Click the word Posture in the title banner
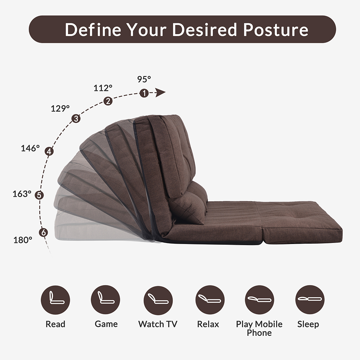tap(276, 30)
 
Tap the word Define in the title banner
tap(93, 30)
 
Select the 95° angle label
tap(144, 79)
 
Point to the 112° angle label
tap(103, 88)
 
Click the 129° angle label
tap(60, 108)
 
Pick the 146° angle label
tap(30, 148)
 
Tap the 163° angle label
tap(22, 194)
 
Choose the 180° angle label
tap(23, 240)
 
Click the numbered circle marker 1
tap(144, 93)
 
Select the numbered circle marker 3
tap(76, 118)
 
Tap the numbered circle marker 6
tap(44, 232)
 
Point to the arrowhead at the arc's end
tap(160, 93)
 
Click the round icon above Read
tap(55, 300)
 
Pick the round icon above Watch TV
tap(158, 300)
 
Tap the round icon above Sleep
tap(310, 300)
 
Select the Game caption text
tap(106, 324)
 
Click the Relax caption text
tap(208, 324)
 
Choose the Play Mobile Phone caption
tap(259, 328)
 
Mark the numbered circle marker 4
tap(49, 152)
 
